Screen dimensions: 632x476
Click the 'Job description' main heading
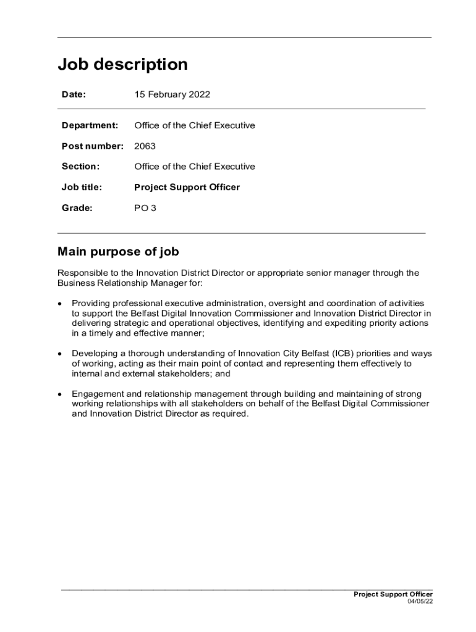tap(122, 65)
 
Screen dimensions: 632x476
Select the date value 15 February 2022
tap(172, 94)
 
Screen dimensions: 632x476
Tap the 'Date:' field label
tap(74, 94)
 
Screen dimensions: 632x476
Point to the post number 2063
tap(145, 146)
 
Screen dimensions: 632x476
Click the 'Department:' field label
tap(90, 125)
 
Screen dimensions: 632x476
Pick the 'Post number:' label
tap(93, 146)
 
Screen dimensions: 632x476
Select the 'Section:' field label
tap(80, 167)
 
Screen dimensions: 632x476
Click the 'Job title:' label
tap(82, 187)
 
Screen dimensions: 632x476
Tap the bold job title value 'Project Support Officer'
tap(187, 187)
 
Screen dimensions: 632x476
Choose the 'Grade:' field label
tap(77, 208)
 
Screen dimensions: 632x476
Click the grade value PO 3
tap(145, 208)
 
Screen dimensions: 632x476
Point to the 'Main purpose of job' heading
tap(118, 252)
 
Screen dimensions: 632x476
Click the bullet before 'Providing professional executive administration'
tap(59, 304)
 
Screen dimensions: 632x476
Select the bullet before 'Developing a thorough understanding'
tap(59, 354)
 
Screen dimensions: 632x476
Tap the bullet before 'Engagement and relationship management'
tap(59, 394)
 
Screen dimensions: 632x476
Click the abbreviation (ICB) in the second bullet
tap(342, 354)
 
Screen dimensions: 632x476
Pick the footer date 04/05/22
tap(420, 602)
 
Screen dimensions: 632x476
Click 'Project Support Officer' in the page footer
tap(393, 594)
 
